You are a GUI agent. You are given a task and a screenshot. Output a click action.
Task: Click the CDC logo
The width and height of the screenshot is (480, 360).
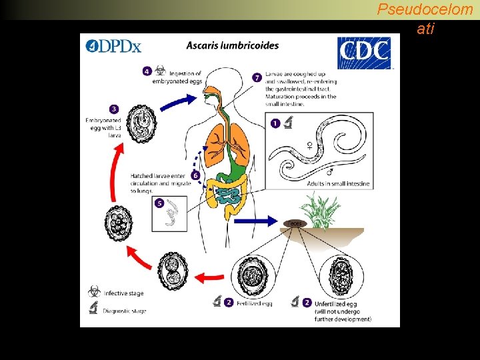pos(364,53)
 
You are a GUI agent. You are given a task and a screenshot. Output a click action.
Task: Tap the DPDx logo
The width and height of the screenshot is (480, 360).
pos(113,46)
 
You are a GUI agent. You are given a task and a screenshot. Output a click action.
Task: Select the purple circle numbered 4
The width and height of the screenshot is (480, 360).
pos(147,71)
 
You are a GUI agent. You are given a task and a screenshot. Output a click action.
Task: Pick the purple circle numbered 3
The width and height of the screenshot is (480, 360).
pos(114,109)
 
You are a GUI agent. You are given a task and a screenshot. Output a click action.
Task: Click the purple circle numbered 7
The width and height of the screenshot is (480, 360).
pos(257,77)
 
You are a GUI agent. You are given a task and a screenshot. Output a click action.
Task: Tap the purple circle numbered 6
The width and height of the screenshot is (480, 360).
pos(195,175)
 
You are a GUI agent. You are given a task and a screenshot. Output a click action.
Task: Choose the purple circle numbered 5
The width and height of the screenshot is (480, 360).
pos(159,203)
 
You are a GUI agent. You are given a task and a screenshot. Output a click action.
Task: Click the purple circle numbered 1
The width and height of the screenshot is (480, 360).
pos(275,123)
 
